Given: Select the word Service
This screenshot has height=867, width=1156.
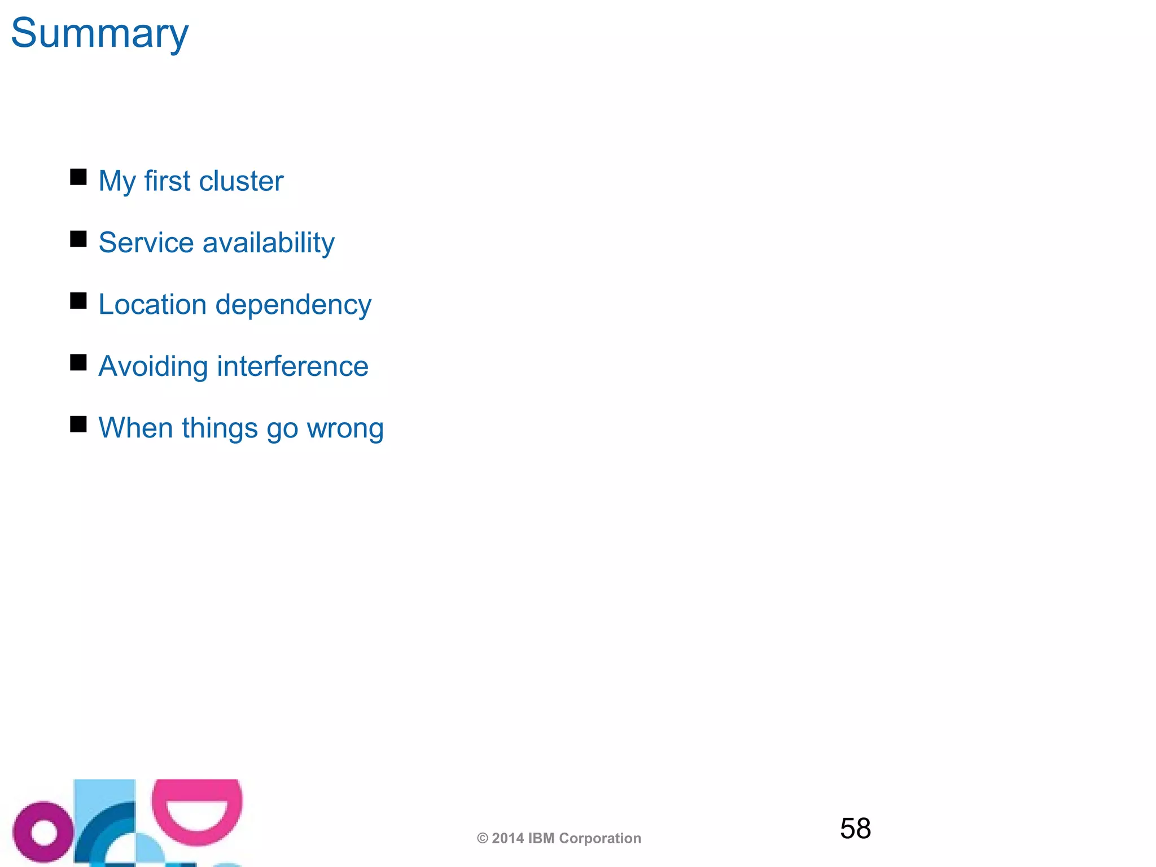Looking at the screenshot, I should tap(146, 243).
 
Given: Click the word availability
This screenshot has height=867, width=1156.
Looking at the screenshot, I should tap(268, 243).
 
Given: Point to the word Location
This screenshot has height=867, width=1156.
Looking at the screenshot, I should tap(152, 305).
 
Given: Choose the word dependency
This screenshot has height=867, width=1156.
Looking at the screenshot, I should tap(294, 305).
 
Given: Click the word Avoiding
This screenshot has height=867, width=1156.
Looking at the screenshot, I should tap(153, 366).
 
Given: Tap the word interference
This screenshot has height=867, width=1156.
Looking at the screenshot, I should tap(292, 366).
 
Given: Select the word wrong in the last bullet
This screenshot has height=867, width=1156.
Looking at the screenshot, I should tap(345, 428).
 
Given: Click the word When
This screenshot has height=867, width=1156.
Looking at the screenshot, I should tap(135, 428).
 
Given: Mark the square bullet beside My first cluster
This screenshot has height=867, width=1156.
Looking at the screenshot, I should tap(78, 177).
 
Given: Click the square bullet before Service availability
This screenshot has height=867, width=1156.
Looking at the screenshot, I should tap(78, 239).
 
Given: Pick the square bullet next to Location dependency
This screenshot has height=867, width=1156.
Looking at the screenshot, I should tap(78, 301).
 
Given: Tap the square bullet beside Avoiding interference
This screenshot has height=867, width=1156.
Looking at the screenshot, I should tap(78, 362).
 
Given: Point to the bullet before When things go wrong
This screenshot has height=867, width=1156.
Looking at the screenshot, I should tap(78, 424).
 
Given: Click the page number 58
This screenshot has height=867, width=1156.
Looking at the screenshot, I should tap(855, 829).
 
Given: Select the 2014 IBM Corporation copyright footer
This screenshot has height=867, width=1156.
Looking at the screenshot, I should tap(559, 838).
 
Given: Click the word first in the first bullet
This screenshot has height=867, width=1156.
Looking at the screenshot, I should tap(167, 181).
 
